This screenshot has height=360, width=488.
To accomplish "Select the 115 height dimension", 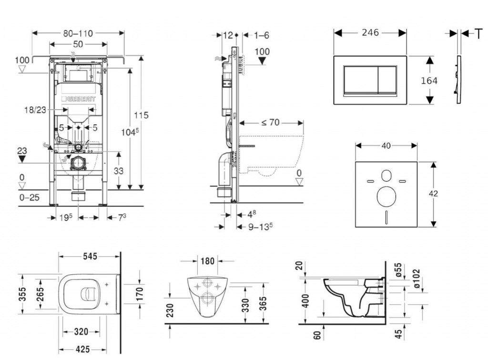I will [141, 115].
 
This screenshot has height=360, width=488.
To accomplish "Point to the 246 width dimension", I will [370, 32].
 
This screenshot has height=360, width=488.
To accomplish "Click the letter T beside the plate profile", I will [478, 33].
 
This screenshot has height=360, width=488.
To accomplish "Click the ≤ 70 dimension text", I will [270, 122].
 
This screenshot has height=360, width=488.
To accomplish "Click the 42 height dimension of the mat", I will [433, 194].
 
